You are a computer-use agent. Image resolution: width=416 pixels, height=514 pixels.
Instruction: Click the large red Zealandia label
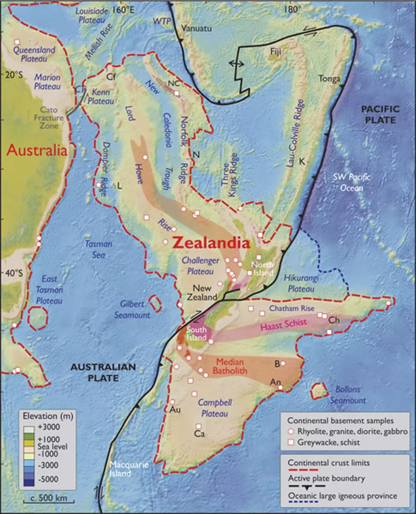(211, 243)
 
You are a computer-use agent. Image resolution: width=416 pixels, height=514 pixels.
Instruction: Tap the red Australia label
(37, 150)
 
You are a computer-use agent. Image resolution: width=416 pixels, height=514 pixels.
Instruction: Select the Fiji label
(275, 52)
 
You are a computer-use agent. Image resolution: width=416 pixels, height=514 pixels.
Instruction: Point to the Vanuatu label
(196, 28)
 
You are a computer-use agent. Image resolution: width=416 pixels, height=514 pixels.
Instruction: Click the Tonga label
(329, 78)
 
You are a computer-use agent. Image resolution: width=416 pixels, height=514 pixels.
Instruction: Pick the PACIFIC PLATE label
(380, 115)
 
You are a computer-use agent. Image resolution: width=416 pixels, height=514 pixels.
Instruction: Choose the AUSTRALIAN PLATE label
(103, 373)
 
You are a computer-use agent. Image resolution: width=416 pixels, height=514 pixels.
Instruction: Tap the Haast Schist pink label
(283, 325)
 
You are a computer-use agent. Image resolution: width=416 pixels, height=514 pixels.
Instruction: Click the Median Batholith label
(230, 366)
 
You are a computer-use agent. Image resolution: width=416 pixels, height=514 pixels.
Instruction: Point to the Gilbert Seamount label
(132, 309)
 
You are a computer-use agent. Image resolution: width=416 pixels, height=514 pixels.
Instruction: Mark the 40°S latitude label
(14, 273)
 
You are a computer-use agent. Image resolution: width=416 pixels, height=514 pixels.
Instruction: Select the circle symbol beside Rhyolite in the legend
(291, 431)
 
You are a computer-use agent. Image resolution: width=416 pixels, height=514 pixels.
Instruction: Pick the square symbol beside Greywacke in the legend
(291, 442)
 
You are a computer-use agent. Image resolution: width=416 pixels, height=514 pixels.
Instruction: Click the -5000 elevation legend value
(48, 479)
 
